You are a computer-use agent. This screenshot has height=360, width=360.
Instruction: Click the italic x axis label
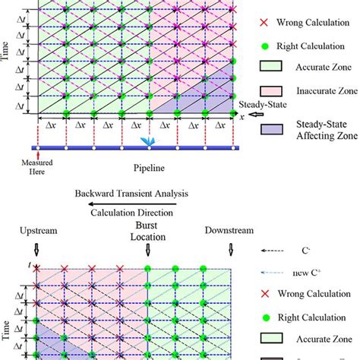(242, 116)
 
